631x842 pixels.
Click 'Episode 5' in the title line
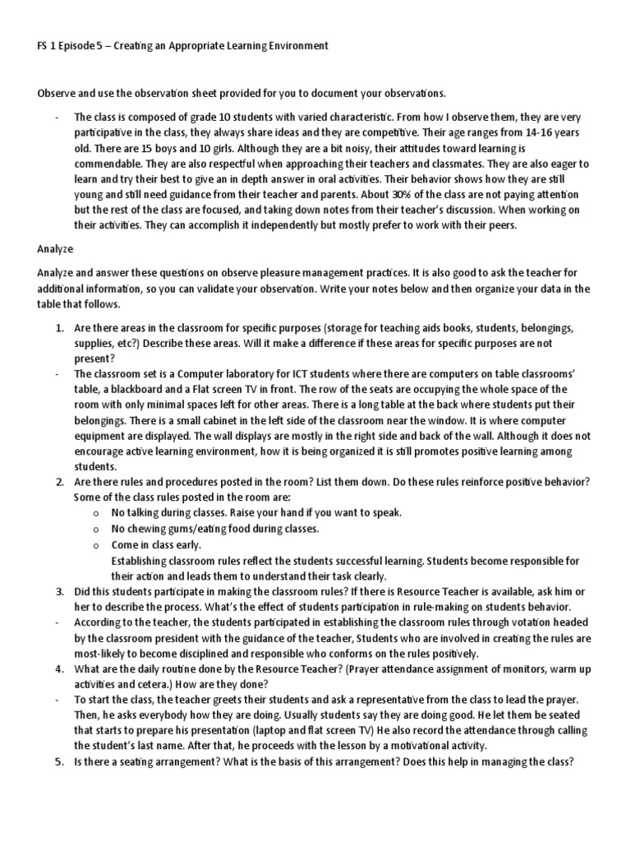click(76, 46)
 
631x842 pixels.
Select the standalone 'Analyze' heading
click(55, 247)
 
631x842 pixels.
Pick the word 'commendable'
click(109, 163)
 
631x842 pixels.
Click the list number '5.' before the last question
click(59, 761)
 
